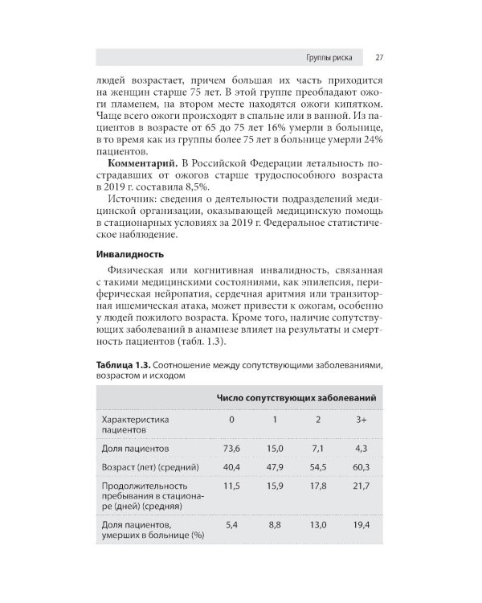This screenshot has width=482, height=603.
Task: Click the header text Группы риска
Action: pyautogui.click(x=329, y=58)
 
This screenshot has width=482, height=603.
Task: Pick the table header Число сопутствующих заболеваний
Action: pyautogui.click(x=296, y=398)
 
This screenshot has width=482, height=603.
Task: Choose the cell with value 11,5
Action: pyautogui.click(x=231, y=486)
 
